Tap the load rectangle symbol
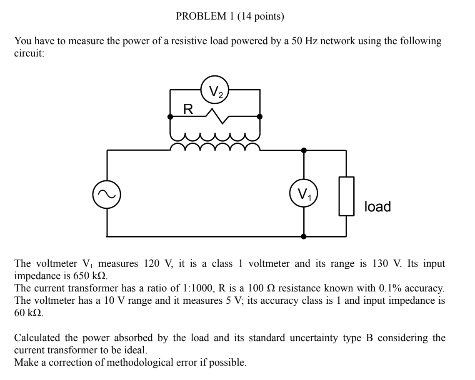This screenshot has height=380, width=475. pyautogui.click(x=346, y=196)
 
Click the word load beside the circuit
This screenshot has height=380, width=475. pyautogui.click(x=377, y=206)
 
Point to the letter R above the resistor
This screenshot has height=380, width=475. pyautogui.click(x=188, y=110)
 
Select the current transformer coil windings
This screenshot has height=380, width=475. pyautogui.click(x=215, y=142)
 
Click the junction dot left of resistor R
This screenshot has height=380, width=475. pyautogui.click(x=170, y=117)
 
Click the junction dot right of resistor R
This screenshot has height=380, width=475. pyautogui.click(x=260, y=117)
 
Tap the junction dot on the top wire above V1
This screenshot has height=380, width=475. pyautogui.click(x=304, y=150)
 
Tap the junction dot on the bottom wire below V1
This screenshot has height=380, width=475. pyautogui.click(x=304, y=237)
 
